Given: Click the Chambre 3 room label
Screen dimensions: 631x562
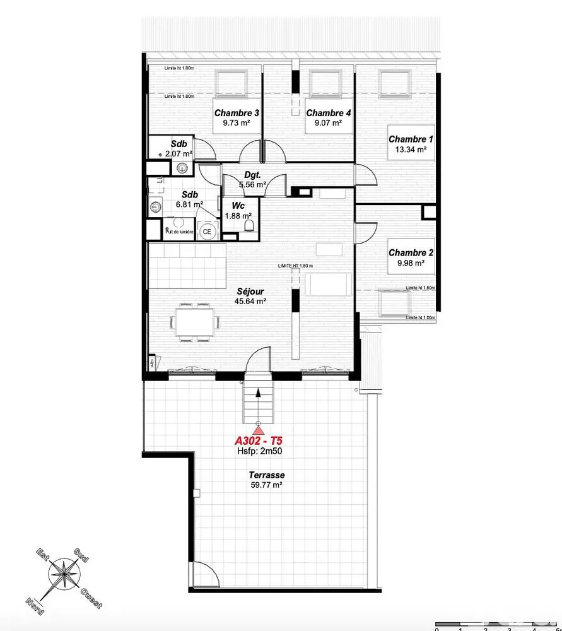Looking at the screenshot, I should tap(237, 114).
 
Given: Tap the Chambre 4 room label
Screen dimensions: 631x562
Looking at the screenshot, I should tap(328, 114).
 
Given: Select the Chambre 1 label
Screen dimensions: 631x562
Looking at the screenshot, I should tap(411, 139).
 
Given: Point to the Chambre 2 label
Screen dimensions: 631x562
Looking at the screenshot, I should tap(411, 253).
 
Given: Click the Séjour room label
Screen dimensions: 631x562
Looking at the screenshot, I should tap(250, 292).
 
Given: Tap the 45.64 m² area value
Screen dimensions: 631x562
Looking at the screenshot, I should tap(250, 302).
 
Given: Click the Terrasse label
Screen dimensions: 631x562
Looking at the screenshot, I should tap(266, 475).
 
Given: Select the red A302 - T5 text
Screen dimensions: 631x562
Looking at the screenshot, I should tap(259, 441).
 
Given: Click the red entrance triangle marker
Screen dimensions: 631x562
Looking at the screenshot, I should tap(259, 430).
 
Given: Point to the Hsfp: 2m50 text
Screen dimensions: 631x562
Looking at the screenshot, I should tap(259, 452).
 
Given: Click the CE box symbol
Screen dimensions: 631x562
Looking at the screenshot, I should tap(207, 232).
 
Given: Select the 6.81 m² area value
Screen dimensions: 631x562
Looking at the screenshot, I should tap(189, 204).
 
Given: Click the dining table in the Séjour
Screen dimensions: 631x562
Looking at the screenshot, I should tap(194, 321).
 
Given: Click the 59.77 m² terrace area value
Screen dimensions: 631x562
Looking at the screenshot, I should tap(266, 485).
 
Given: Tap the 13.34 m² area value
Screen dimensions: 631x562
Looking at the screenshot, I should tap(411, 150).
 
